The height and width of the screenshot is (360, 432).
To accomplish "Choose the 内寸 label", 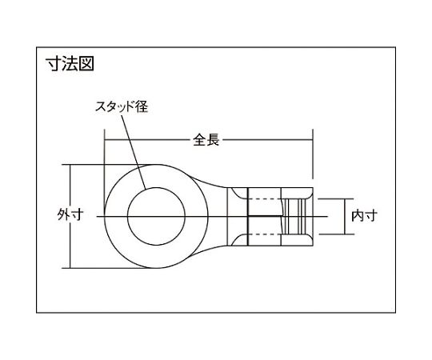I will tap(364, 215).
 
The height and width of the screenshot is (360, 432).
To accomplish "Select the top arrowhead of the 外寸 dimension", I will tap(70, 168).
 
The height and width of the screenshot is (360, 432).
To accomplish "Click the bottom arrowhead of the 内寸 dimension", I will tap(350, 232).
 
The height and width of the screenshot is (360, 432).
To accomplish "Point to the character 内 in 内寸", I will tap(358, 215).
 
